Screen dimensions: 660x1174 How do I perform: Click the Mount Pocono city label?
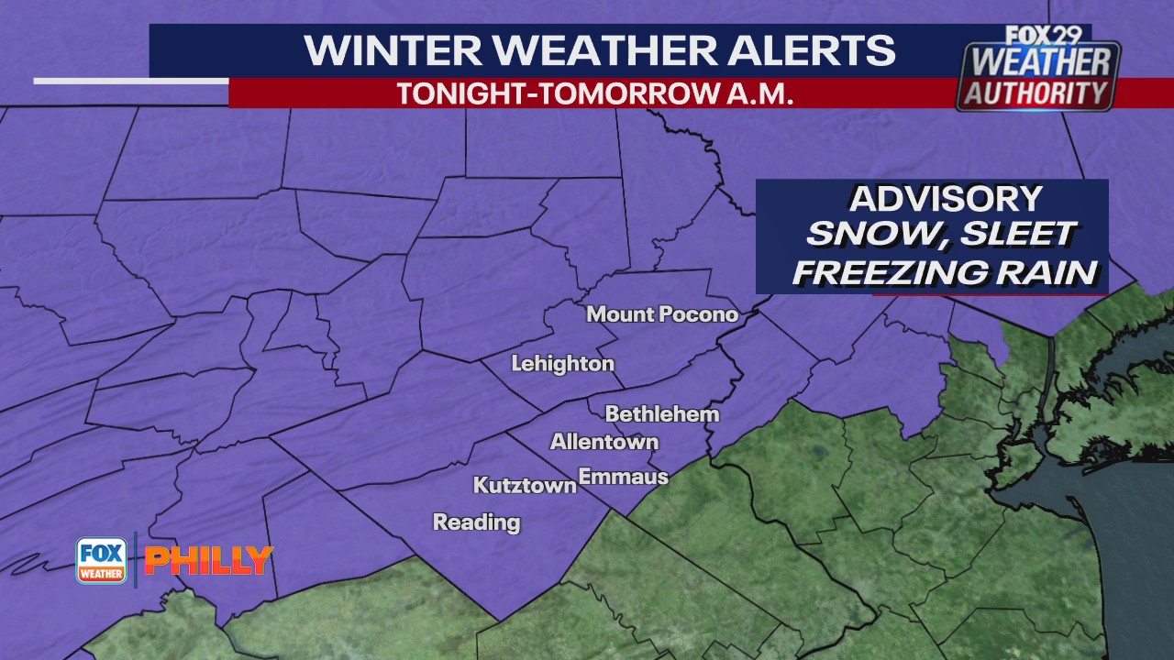pos(661,314)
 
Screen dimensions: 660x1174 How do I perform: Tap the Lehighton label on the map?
pos(562,364)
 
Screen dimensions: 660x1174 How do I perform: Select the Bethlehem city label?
pos(661,414)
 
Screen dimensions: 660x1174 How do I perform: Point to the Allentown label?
pos(604,442)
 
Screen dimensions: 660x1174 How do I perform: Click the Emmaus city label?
pos(623,477)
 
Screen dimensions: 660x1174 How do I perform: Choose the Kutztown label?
pos(524,485)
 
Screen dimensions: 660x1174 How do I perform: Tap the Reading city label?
pos(476,522)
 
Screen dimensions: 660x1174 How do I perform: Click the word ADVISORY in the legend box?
pos(945,199)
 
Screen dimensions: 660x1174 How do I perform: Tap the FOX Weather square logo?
pos(101,560)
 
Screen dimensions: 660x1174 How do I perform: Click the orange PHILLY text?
pos(209,560)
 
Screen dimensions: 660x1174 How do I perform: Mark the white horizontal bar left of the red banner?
pos(130,81)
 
